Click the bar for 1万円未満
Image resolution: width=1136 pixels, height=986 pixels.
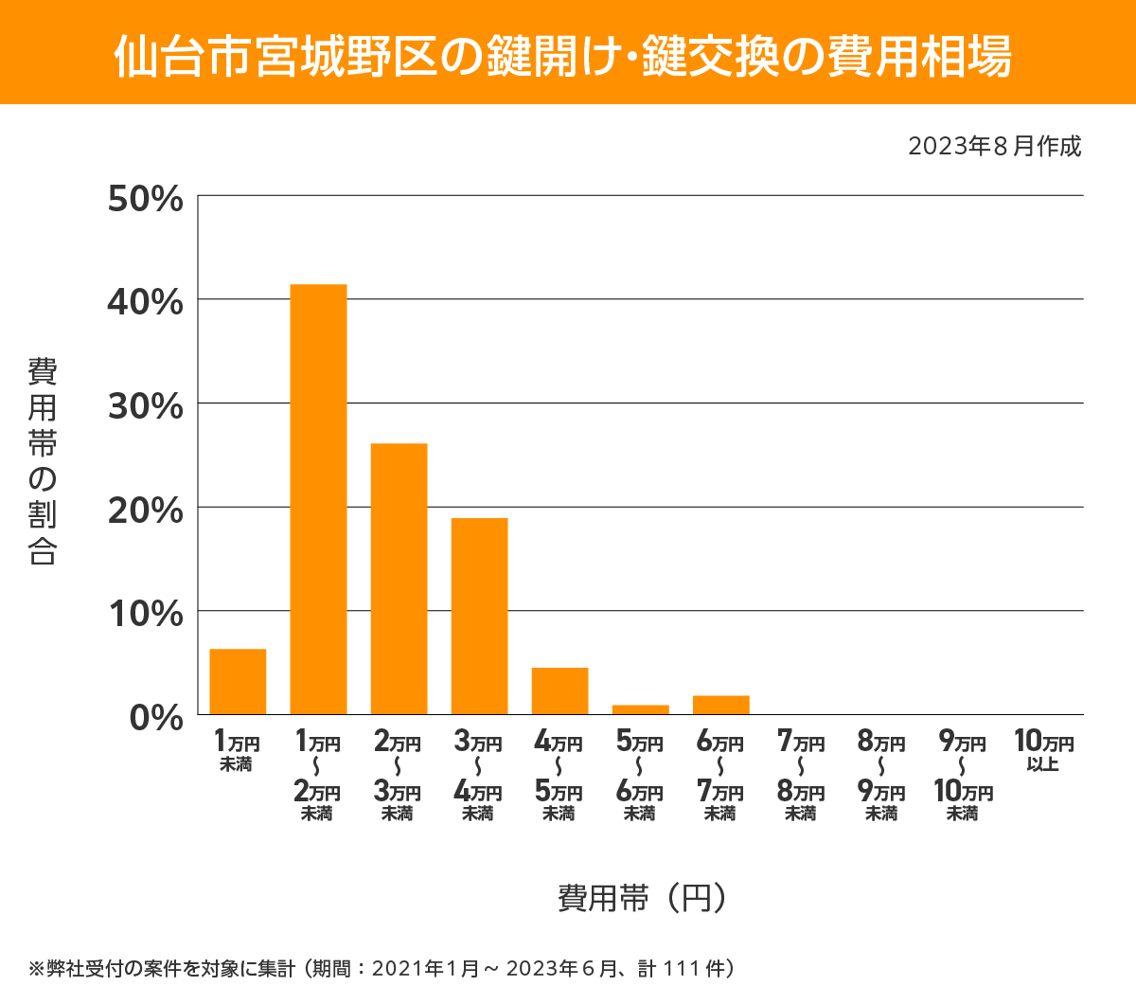pos(238,681)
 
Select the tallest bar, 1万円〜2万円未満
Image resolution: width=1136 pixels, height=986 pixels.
pos(318,499)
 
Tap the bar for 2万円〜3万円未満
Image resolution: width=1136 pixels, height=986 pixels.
pos(399,579)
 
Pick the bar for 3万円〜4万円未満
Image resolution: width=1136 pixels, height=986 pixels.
pos(479,616)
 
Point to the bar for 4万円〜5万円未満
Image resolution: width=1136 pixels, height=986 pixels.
pos(559,690)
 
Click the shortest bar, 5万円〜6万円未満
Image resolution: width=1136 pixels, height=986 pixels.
pos(640,709)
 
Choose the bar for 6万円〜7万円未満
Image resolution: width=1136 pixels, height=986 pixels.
pos(720,705)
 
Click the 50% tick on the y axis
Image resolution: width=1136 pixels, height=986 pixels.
pos(145,199)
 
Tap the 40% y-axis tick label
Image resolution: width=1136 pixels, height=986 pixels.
pos(145,302)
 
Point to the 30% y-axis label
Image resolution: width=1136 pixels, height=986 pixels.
pos(145,406)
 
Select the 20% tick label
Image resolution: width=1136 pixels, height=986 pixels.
pos(145,511)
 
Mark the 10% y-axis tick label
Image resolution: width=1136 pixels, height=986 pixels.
pos(145,614)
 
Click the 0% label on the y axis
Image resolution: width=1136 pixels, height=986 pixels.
pos(155,717)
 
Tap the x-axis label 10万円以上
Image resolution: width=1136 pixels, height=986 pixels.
pos(1043,750)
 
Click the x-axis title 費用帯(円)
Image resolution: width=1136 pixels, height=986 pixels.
pos(642,897)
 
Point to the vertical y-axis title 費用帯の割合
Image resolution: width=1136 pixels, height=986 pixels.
pos(43,461)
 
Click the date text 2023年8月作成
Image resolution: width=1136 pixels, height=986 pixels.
pos(994,147)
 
